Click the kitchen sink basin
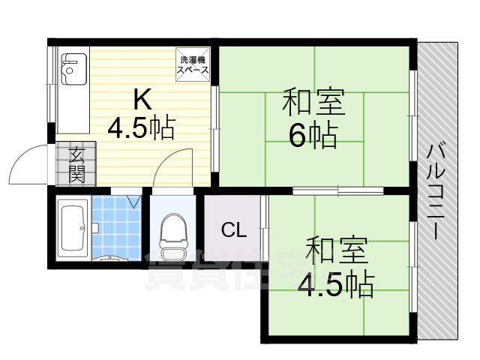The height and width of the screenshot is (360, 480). tap(74, 69)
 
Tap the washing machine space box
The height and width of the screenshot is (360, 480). tap(193, 64)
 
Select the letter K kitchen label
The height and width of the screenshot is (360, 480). tap(142, 99)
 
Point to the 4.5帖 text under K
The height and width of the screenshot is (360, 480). tap(142, 127)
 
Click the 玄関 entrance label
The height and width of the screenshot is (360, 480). tap(76, 165)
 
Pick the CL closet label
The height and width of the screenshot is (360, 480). tap(234, 229)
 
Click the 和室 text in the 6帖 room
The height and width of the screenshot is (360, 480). tap(313, 102)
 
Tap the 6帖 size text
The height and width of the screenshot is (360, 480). tap(313, 135)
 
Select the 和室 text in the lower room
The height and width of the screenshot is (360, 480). tap(337, 250)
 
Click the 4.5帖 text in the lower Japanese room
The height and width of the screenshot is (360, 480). tap(336, 283)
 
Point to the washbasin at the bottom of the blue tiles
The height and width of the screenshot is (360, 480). tap(110, 258)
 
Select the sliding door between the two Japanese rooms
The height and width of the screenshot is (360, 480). tap(338, 191)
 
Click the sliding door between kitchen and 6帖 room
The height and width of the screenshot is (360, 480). tap(215, 129)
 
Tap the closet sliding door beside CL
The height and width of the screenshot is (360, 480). tap(265, 228)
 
